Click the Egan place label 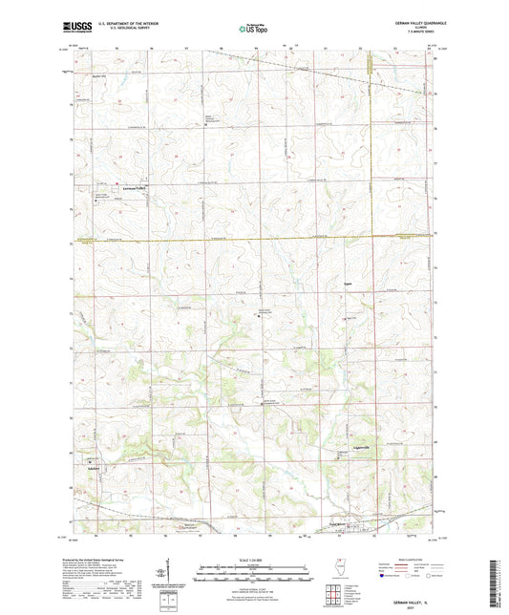348,283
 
